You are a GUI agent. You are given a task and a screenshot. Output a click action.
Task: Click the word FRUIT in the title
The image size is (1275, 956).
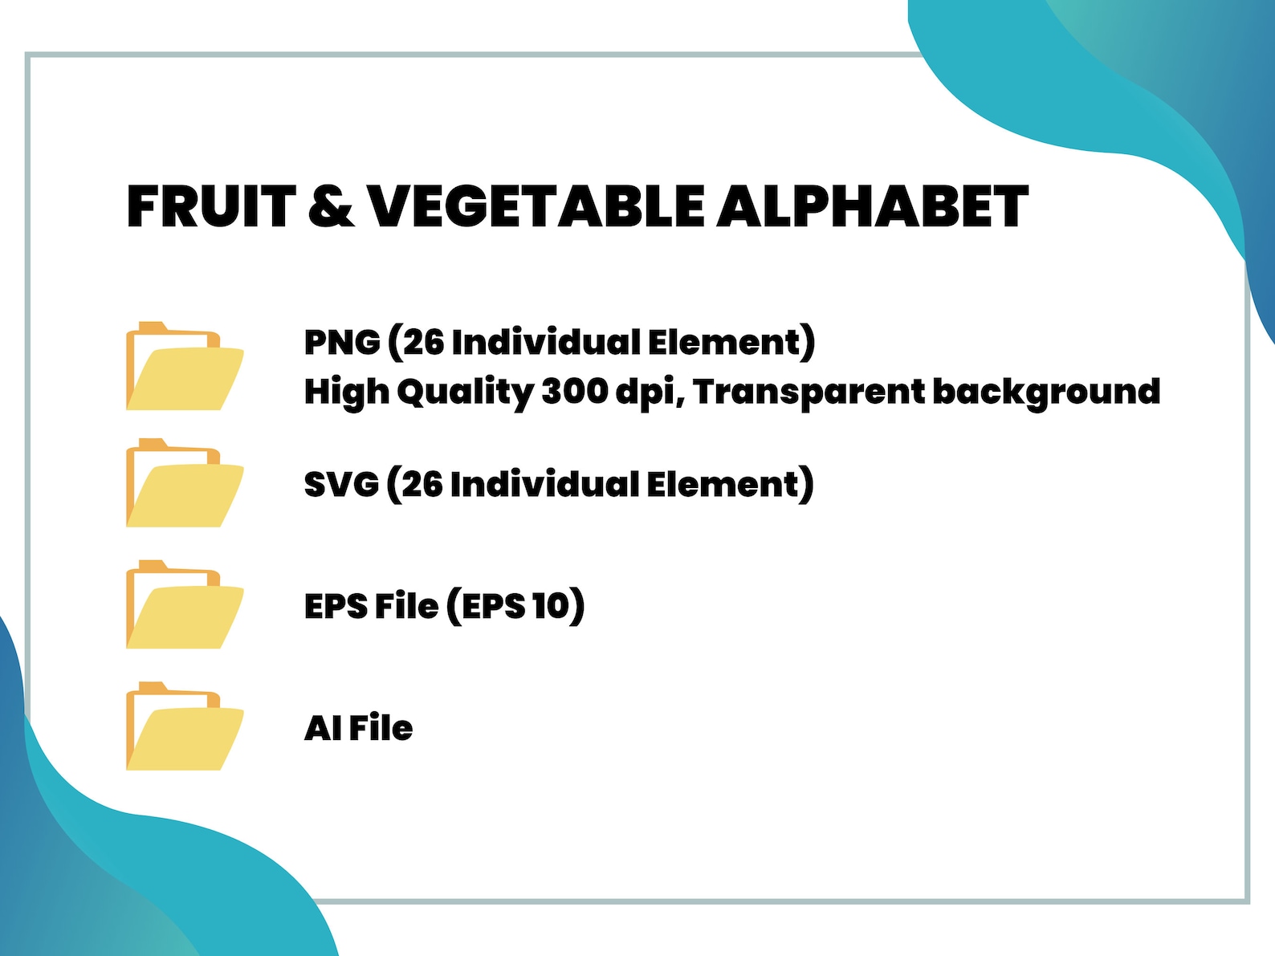tap(211, 206)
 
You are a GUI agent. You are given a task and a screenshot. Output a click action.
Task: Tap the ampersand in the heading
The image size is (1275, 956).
tap(330, 206)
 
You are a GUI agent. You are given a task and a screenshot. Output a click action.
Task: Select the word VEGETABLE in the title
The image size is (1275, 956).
tap(536, 206)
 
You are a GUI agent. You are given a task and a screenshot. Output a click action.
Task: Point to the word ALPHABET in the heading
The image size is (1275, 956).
tap(872, 206)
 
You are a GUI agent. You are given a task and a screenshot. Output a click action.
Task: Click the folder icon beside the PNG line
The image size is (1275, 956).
tap(185, 367)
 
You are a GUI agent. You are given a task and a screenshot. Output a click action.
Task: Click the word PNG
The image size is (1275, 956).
tap(342, 343)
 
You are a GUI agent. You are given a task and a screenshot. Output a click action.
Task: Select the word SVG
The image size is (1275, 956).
tap(341, 485)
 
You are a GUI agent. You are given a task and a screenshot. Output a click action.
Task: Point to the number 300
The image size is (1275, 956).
tap(574, 392)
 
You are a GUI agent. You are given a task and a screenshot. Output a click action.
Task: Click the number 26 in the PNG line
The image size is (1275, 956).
tap(423, 343)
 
